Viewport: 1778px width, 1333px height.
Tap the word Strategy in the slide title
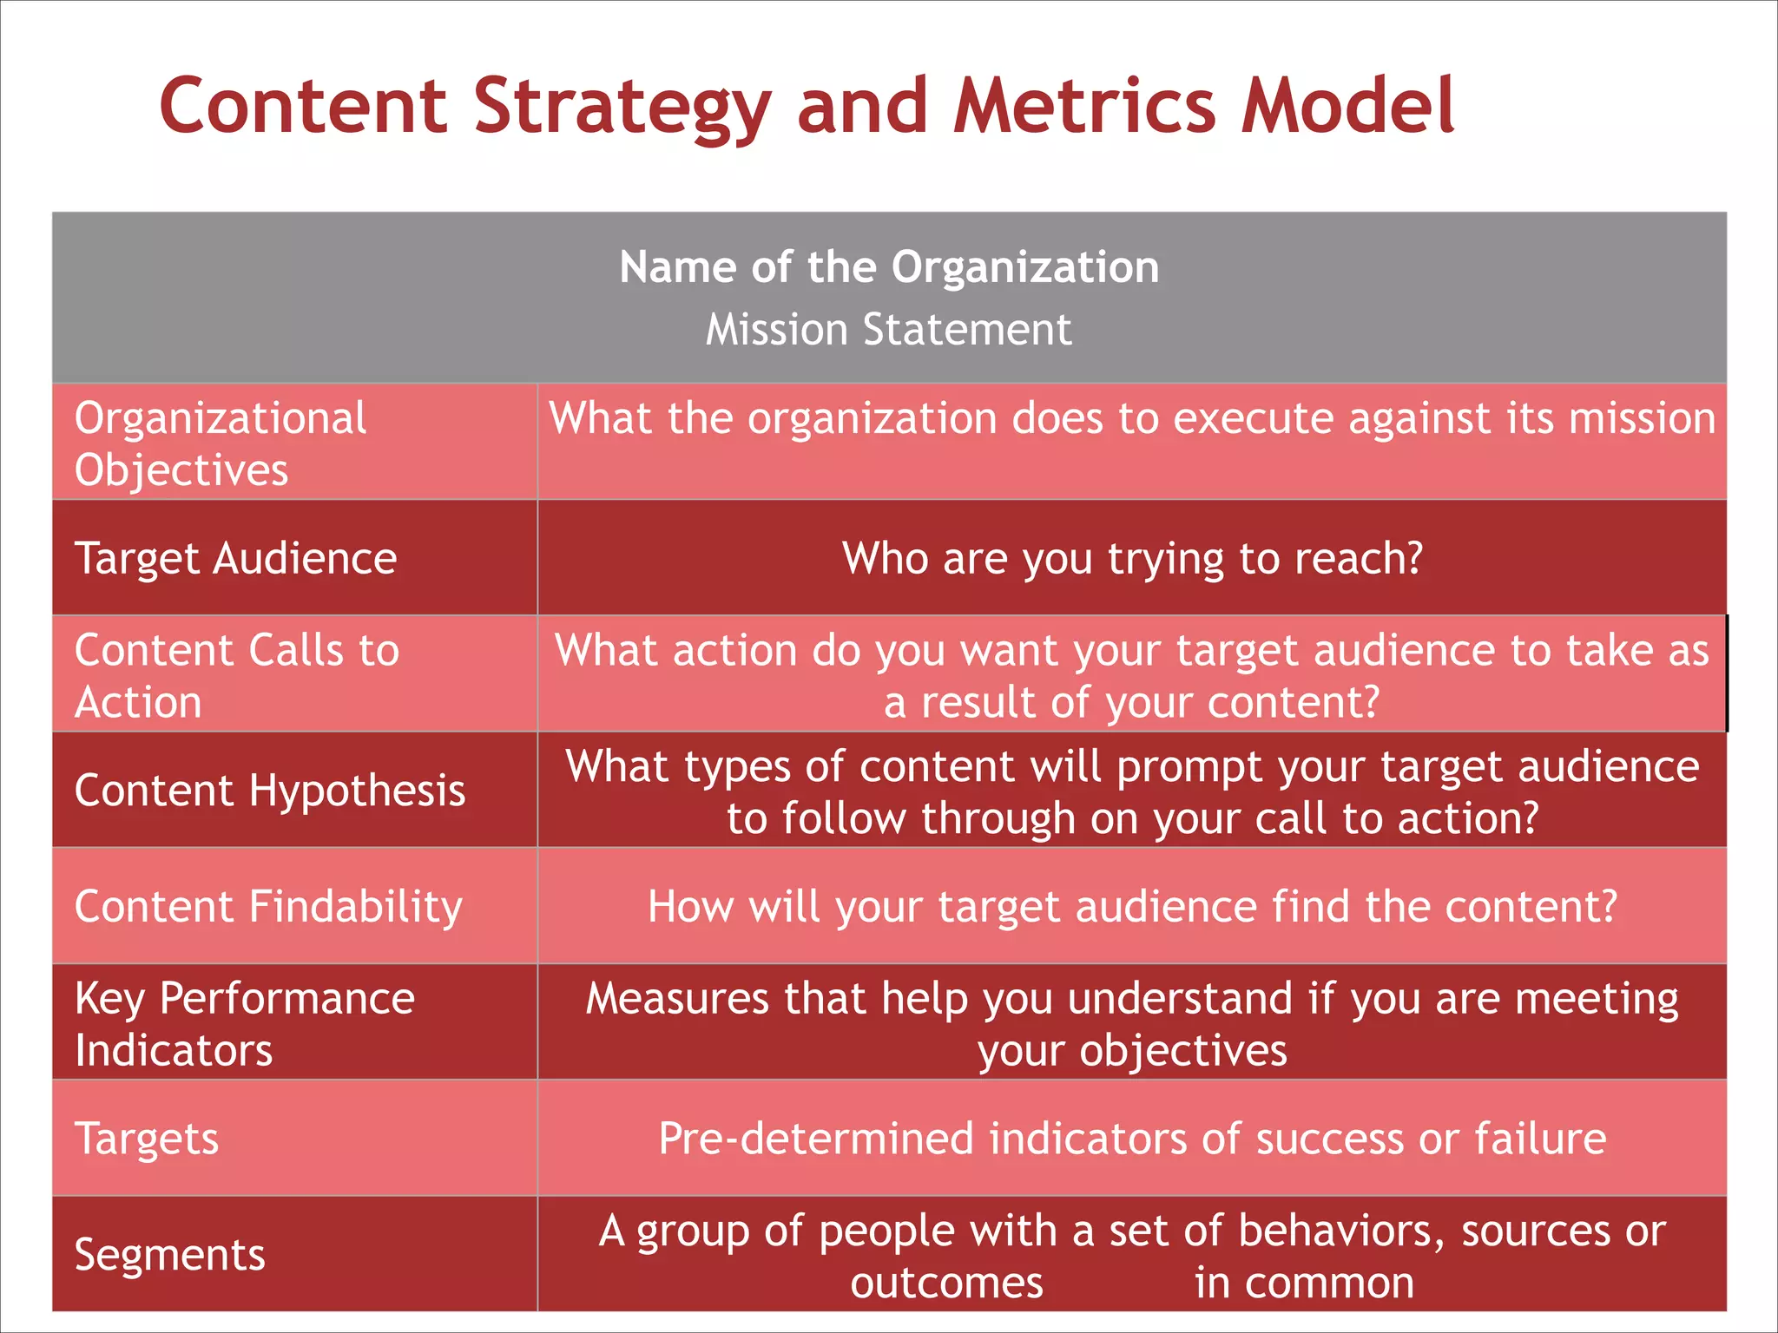tap(622, 108)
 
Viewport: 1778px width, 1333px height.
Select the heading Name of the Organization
tap(889, 266)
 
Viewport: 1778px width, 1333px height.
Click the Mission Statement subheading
tap(888, 330)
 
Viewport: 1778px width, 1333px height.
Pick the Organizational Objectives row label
tap(221, 443)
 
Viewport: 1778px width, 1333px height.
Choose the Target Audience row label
tap(236, 558)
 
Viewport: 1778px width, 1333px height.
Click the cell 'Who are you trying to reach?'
tap(1132, 558)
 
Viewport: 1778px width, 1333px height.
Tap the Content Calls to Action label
tap(236, 675)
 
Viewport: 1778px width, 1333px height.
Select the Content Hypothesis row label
tap(270, 791)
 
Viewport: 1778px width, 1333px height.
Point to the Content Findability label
tap(268, 906)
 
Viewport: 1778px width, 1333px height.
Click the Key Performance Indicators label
tap(245, 1023)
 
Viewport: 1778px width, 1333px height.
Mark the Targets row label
tap(147, 1139)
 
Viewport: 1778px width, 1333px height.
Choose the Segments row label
tap(170, 1255)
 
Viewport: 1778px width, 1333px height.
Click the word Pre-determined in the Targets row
tap(815, 1139)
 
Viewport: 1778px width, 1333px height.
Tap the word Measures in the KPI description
tap(677, 998)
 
